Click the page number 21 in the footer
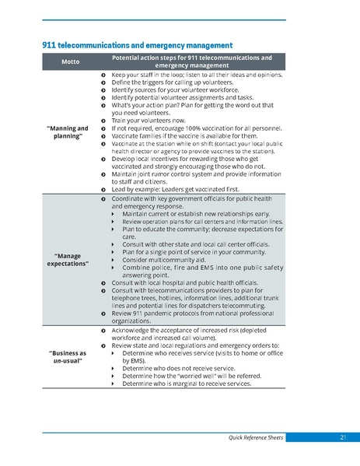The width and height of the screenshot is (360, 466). [342, 438]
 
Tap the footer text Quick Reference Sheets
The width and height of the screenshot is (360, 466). [250, 438]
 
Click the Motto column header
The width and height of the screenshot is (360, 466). [68, 62]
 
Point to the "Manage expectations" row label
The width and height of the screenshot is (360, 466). [68, 259]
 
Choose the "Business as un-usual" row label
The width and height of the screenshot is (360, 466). [68, 356]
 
